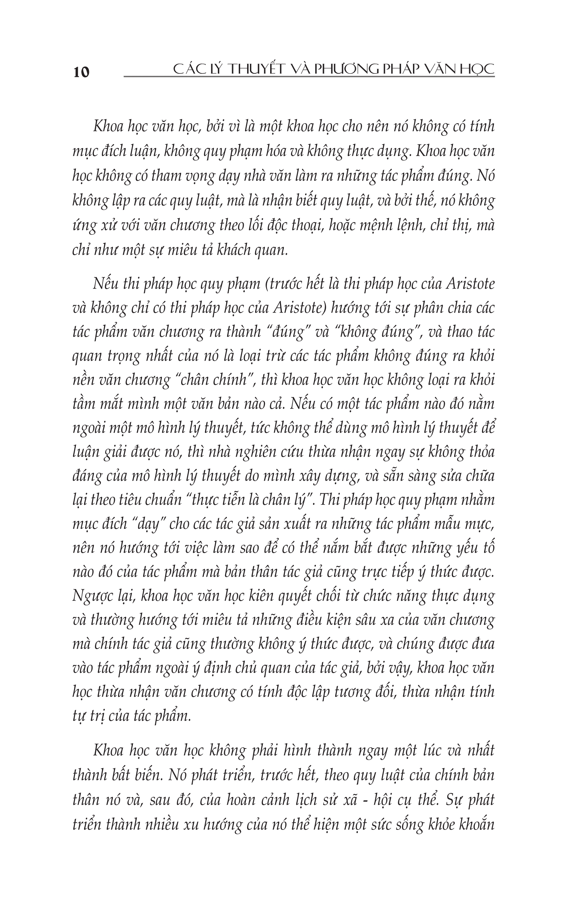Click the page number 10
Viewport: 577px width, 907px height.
(x=82, y=72)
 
